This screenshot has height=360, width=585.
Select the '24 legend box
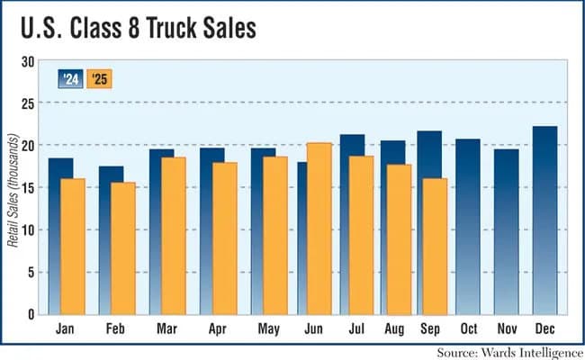click(71, 78)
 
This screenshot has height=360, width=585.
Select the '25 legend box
click(100, 78)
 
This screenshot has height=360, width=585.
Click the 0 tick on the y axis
click(31, 314)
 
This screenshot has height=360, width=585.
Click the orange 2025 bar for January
click(72, 246)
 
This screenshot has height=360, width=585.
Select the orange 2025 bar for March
click(174, 236)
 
